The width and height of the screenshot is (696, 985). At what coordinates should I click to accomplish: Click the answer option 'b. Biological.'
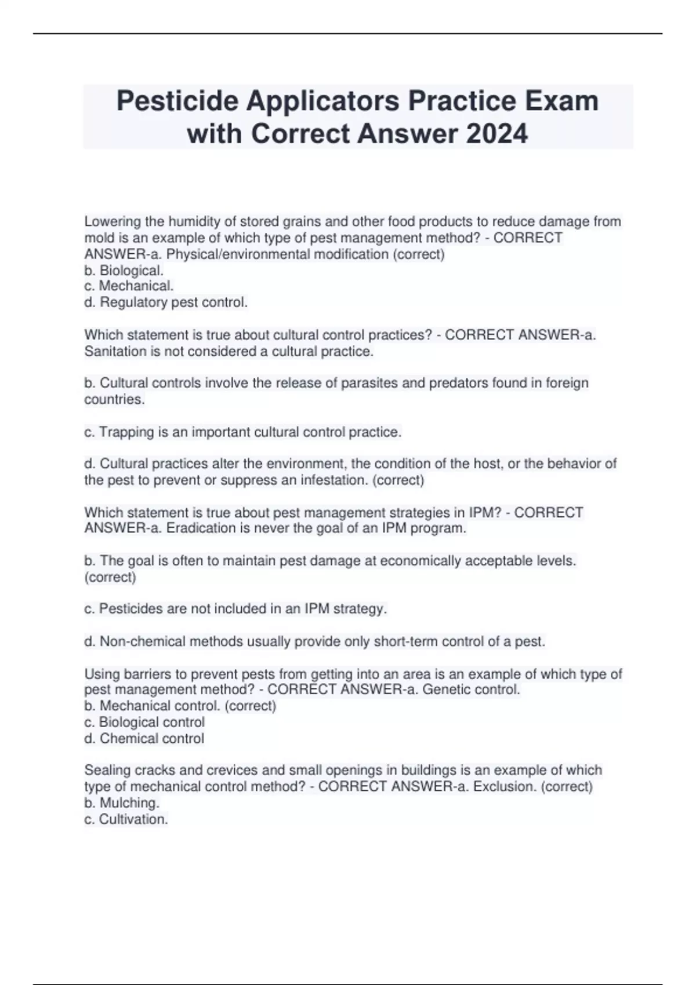click(x=124, y=271)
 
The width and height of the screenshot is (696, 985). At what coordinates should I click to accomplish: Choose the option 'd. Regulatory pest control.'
click(x=166, y=302)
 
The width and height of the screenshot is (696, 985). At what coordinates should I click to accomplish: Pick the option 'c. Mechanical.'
click(x=129, y=286)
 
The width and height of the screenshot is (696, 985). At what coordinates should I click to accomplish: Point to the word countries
click(x=114, y=400)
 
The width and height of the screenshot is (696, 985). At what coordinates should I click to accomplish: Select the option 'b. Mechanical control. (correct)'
click(x=180, y=706)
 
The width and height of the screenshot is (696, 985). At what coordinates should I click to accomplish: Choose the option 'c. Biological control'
click(x=144, y=722)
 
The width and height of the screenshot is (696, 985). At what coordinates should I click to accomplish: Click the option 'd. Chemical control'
click(x=144, y=739)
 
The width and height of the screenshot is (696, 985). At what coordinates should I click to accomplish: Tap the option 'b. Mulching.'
click(x=122, y=803)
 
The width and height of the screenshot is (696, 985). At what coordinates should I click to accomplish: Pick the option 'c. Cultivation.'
click(x=126, y=819)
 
